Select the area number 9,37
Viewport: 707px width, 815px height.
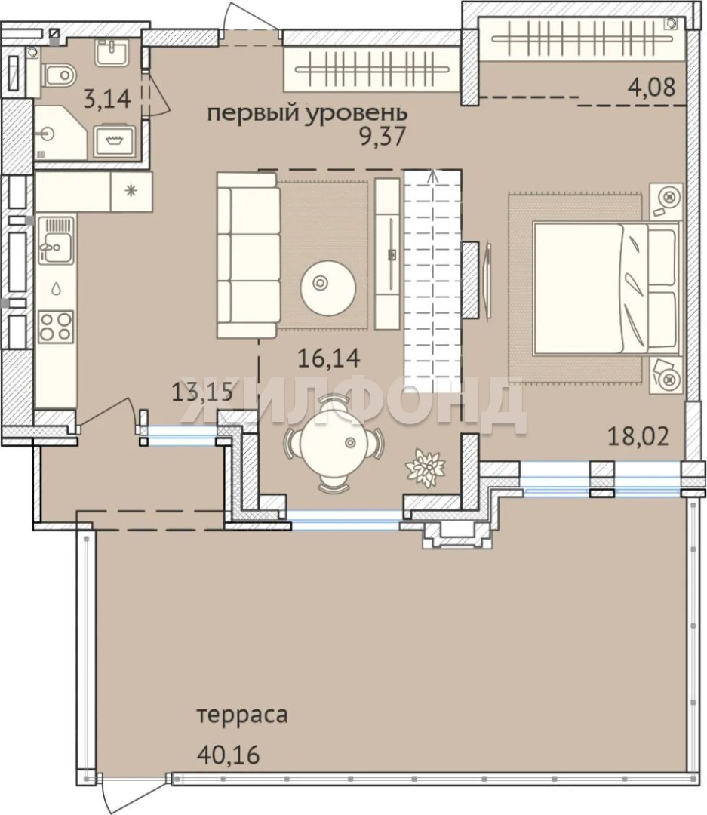coord(382,137)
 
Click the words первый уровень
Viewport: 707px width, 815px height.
coord(307,112)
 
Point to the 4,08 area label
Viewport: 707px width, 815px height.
coord(652,86)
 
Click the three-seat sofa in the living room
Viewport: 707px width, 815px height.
coord(248,255)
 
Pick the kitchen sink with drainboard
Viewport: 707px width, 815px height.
coord(56,241)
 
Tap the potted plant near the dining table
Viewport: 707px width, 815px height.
coord(426,467)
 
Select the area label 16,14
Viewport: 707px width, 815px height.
coord(328,358)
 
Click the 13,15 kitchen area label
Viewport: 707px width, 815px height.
coord(201,390)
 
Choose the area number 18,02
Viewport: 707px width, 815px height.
coord(638,436)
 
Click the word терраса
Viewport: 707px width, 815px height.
coord(242,715)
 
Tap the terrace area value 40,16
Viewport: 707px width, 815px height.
coord(228,754)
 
